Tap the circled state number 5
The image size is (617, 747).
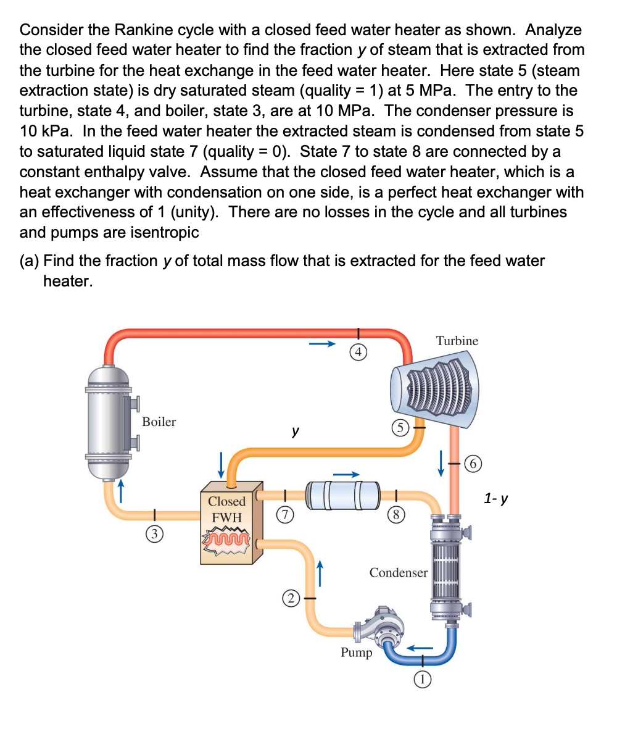(400, 427)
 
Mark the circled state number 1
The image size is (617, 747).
(421, 680)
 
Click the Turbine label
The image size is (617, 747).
(457, 341)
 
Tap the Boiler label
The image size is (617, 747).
(159, 422)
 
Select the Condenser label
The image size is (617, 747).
(398, 572)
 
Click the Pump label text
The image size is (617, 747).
(357, 653)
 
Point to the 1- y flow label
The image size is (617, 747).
(496, 498)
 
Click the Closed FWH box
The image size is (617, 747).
(228, 522)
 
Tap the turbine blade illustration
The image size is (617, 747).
(434, 390)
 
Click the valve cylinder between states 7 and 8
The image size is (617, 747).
(343, 495)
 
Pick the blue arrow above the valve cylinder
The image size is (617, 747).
(346, 474)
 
